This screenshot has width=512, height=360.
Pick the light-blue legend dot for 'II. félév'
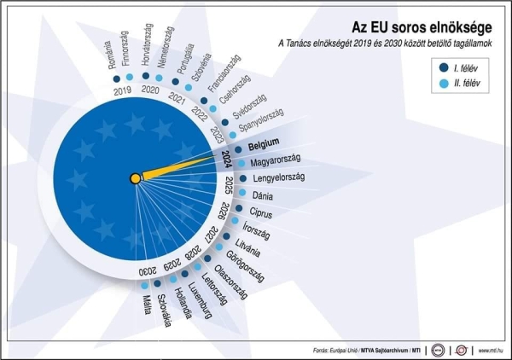[445, 83]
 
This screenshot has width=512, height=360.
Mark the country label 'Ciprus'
[260, 212]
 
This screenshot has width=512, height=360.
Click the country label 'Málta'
[146, 305]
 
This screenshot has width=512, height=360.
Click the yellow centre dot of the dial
[135, 178]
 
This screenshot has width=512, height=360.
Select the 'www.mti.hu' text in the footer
[492, 349]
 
